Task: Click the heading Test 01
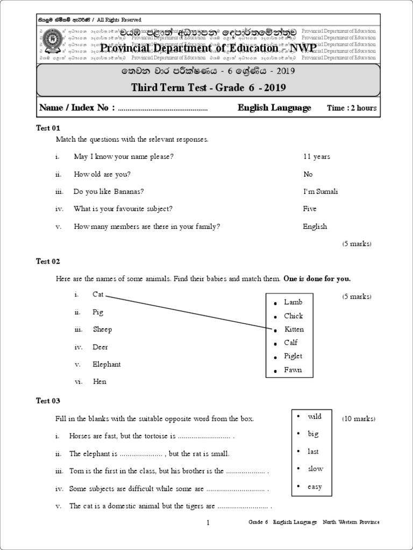48,128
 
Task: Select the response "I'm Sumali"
321,192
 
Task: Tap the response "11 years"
317,157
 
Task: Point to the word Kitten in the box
294,329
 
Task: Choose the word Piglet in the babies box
293,356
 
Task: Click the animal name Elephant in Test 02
106,364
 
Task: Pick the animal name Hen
99,382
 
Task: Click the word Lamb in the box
293,302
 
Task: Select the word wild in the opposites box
315,417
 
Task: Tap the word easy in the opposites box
315,487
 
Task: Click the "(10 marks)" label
359,419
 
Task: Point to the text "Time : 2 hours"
352,108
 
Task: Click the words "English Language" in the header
274,108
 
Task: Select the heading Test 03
48,401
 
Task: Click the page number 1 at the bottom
208,523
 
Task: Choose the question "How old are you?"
102,175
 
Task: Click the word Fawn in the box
293,370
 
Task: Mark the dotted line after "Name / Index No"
162,110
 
